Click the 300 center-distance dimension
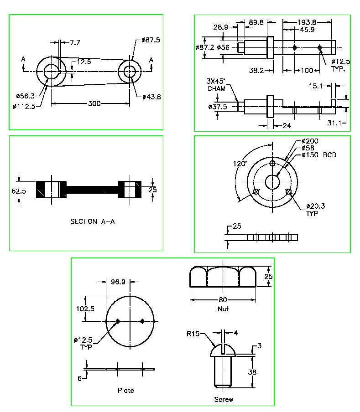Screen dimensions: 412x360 point(94,103)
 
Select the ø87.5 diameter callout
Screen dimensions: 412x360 point(151,40)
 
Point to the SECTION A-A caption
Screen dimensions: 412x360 point(90,221)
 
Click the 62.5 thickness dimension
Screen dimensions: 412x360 point(19,191)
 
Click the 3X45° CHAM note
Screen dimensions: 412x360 point(216,85)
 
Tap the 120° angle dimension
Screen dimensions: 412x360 point(240,164)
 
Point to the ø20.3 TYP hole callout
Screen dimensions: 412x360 point(315,209)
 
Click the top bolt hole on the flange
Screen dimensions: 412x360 point(272,163)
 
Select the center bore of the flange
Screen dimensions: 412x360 point(272,181)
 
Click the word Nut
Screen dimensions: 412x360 point(223,309)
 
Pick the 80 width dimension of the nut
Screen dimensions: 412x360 point(223,300)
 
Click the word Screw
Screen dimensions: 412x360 point(224,399)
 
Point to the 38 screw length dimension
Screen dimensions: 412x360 point(252,372)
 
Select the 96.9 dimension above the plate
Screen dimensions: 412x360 point(118,282)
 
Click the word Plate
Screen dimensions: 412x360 point(126,391)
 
